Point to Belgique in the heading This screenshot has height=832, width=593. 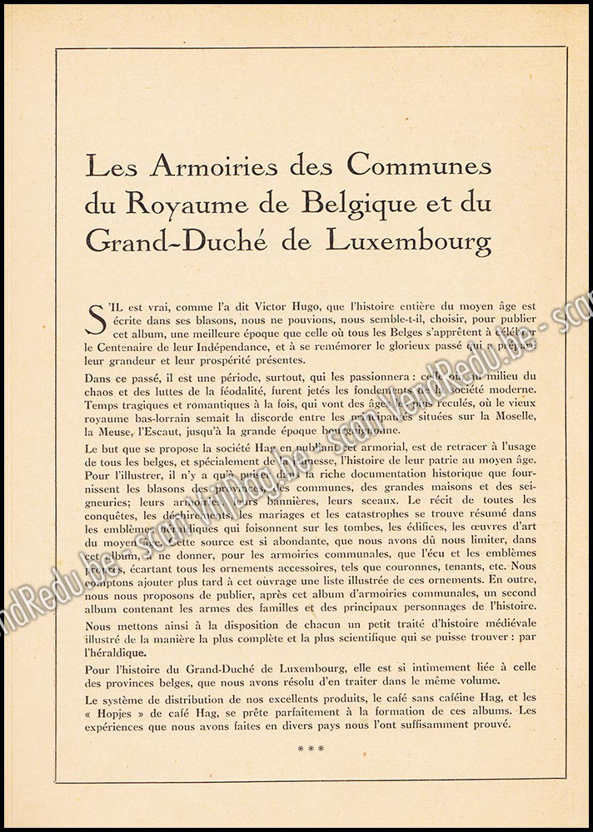click(353, 204)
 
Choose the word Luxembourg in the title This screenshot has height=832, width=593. click(408, 241)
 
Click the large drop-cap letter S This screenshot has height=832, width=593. click(97, 319)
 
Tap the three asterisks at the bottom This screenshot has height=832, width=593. click(311, 748)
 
